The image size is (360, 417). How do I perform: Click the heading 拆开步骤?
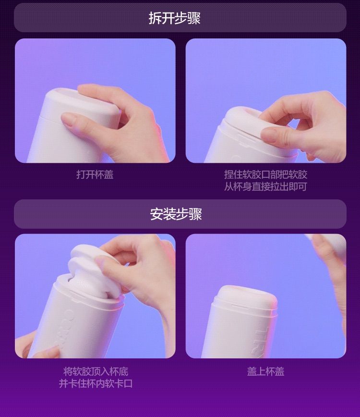coord(174,18)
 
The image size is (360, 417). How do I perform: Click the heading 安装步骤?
coord(176,214)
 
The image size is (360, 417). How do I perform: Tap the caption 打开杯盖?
coord(95,174)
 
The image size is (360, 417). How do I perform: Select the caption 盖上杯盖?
coord(266,371)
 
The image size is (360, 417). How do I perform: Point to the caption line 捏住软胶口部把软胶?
coord(266,174)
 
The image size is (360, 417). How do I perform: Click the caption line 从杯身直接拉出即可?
coord(266,186)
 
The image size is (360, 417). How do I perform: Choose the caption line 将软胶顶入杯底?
coord(96,371)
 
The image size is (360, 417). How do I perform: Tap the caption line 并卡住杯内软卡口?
coord(96,383)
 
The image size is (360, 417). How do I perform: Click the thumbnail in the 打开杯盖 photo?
coord(68,119)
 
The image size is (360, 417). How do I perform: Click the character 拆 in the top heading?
coord(155,18)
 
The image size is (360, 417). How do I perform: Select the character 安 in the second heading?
coord(156,214)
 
